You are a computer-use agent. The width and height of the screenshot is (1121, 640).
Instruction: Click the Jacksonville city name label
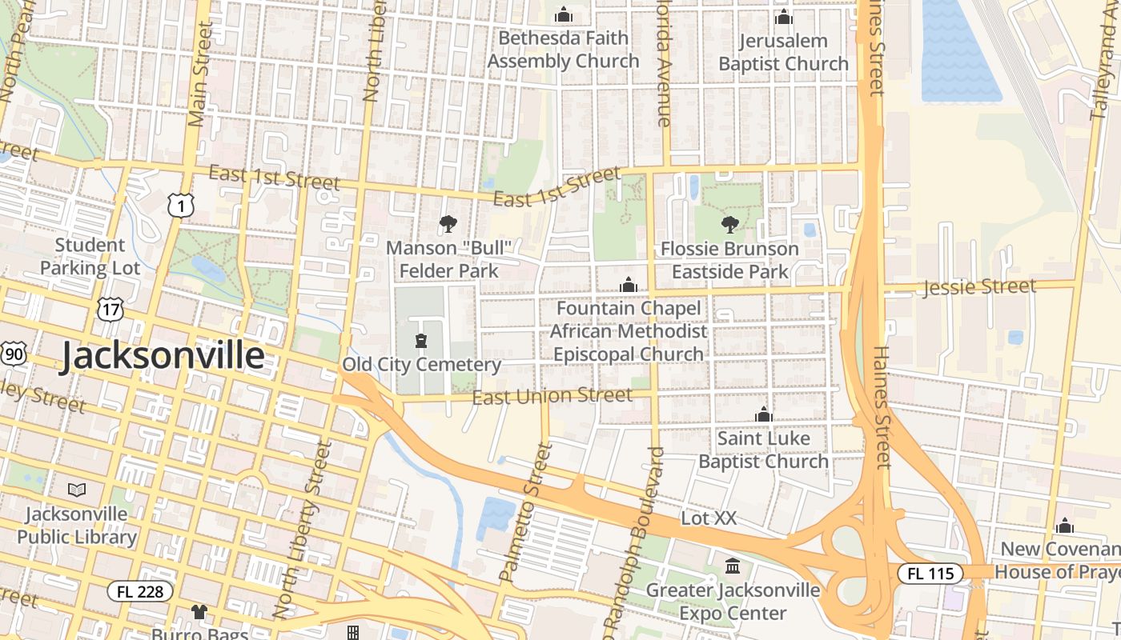coord(163,356)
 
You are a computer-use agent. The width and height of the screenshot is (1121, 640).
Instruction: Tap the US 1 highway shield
coord(181,205)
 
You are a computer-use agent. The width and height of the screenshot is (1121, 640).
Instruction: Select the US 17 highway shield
coord(110,309)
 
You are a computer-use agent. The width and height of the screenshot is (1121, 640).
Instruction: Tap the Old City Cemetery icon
coord(421,342)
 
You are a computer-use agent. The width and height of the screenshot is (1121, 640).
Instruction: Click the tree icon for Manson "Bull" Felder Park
coord(448,224)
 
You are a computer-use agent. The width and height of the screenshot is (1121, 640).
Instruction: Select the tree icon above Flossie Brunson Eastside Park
coord(729,225)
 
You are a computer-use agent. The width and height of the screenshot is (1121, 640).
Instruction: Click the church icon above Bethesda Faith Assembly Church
coord(564,15)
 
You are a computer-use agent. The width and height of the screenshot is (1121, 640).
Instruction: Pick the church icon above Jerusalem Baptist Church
coord(783,17)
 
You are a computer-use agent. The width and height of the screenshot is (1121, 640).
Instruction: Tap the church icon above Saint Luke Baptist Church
coord(763,414)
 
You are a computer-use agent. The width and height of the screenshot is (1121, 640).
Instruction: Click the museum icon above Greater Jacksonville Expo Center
coord(732,566)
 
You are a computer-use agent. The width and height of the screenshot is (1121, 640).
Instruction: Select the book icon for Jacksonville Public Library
coord(77,490)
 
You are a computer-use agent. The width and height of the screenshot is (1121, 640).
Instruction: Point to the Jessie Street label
coord(979,286)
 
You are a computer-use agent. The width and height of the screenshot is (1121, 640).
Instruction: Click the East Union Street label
coord(552,396)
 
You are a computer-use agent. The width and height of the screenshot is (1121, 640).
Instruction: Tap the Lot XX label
coord(708,518)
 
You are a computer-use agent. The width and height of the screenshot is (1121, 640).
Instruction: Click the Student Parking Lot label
coord(90,257)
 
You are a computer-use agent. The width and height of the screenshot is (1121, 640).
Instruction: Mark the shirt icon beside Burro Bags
coord(199,612)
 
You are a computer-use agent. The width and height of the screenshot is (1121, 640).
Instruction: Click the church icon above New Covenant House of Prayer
coord(1064,526)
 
